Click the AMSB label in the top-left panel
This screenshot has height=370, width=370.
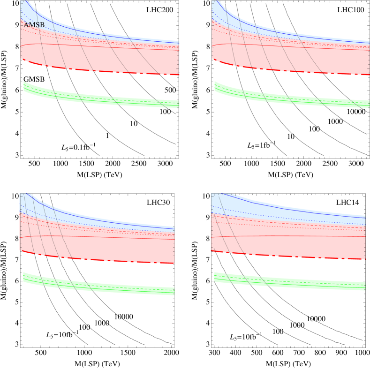(34, 25)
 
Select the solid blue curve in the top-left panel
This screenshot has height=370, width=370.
(117, 36)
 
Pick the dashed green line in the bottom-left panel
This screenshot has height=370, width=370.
(117, 287)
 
